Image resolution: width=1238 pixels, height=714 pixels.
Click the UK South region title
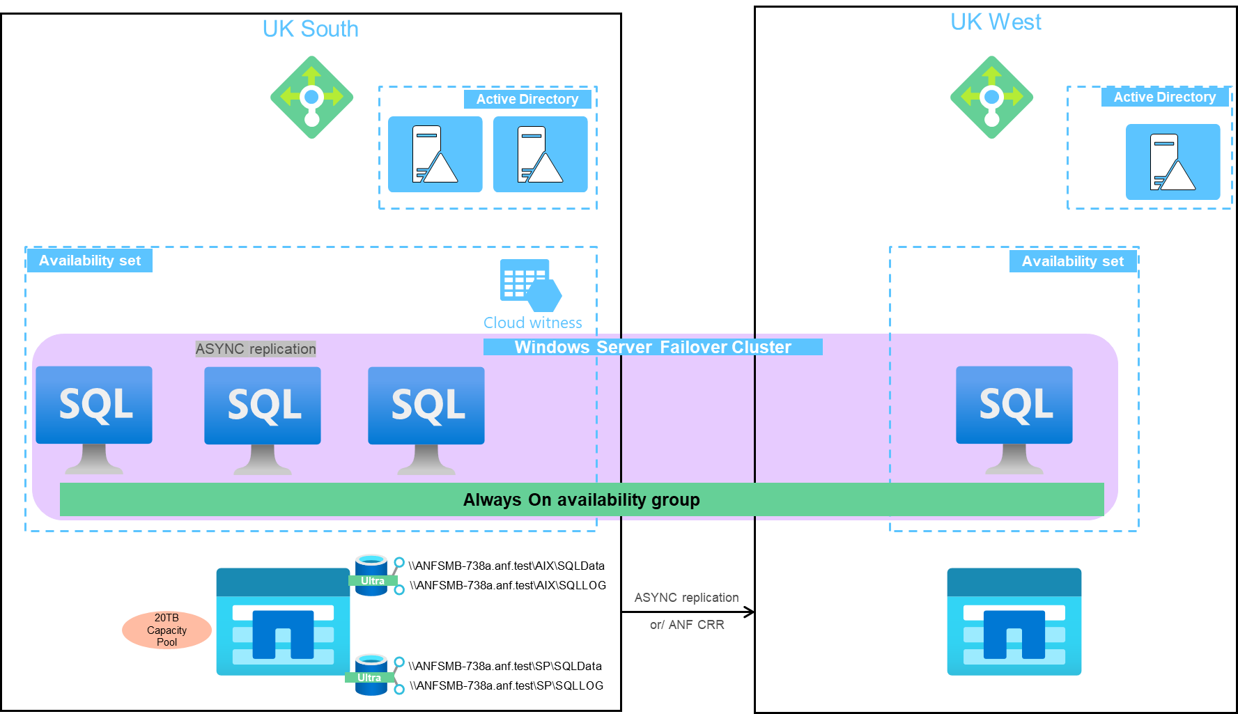[x=310, y=29]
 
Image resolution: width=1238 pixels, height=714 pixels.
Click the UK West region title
[x=996, y=22]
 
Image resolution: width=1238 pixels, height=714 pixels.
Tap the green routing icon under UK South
[x=311, y=98]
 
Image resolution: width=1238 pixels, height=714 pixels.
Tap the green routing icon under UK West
[x=991, y=98]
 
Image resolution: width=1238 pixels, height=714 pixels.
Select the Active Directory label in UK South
[x=527, y=100]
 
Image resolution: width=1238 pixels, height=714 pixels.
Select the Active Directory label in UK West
[x=1164, y=98]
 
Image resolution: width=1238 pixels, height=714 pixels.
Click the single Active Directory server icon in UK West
[x=1173, y=162]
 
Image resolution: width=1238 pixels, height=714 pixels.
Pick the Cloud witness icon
[x=530, y=285]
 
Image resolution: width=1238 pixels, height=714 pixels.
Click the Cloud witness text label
[x=532, y=323]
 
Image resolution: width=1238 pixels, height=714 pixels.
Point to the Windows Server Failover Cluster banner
[x=652, y=347]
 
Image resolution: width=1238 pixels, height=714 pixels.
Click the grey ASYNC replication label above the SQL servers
[x=256, y=349]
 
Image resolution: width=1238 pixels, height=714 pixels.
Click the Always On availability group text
[x=581, y=500]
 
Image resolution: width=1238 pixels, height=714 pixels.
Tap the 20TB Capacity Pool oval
[x=167, y=630]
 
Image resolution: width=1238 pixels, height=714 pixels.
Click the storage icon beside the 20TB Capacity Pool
[x=283, y=621]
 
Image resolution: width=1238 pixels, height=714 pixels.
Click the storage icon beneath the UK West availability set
[x=1014, y=621]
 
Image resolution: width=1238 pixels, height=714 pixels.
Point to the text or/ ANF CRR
[x=686, y=625]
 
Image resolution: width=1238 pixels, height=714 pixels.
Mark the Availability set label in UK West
[x=1072, y=262]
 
